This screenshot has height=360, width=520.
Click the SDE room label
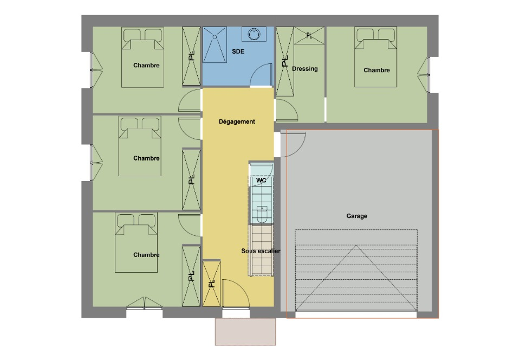[x=238, y=52]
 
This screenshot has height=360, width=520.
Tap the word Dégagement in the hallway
[x=237, y=122]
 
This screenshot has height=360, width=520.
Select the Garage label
[x=356, y=216]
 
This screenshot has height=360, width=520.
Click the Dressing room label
[x=305, y=69]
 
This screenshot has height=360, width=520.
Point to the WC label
[x=261, y=181]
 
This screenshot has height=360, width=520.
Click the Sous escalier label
[x=261, y=251]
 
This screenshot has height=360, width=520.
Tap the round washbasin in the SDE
[x=254, y=34]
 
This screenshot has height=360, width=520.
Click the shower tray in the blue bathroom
[x=214, y=44]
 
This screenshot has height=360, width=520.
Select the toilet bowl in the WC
[x=262, y=214]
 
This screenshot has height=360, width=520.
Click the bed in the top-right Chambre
[x=376, y=57]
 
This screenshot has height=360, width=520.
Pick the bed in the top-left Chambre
[x=142, y=57]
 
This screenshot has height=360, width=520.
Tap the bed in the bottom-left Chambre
[x=136, y=242]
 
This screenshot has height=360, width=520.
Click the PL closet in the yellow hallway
[x=212, y=284]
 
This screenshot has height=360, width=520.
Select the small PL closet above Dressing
[x=309, y=35]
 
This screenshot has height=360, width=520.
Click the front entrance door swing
[x=236, y=293]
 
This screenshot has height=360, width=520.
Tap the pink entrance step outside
[x=245, y=332]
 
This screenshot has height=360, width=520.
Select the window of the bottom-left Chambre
[x=144, y=304]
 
